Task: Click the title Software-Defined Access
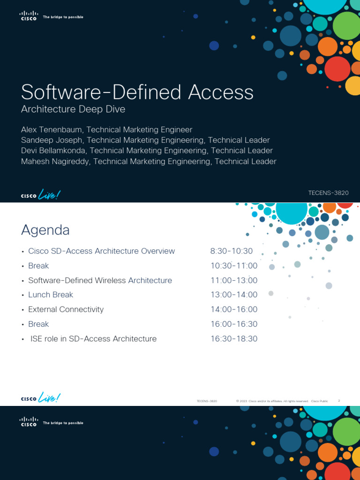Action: coord(137,92)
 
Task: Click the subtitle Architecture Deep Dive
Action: coord(73,109)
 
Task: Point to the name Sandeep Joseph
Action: coord(52,140)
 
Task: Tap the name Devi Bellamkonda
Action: coord(53,150)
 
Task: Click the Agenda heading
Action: coord(45,230)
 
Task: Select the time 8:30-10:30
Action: coord(232,251)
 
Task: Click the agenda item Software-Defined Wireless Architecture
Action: coord(100,280)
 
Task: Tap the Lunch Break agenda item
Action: coord(51,295)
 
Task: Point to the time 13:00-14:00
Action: coord(234,295)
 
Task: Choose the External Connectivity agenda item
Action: coord(66,309)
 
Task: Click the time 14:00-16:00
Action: coord(234,309)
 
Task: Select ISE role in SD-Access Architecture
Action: coord(93,338)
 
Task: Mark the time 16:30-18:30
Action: coord(234,338)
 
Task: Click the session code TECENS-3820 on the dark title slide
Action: coord(328,193)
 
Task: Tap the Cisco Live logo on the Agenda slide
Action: coord(41,398)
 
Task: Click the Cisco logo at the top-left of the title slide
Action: coord(29,16)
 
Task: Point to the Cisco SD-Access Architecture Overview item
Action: coord(101,251)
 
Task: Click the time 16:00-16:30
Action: coord(234,324)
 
